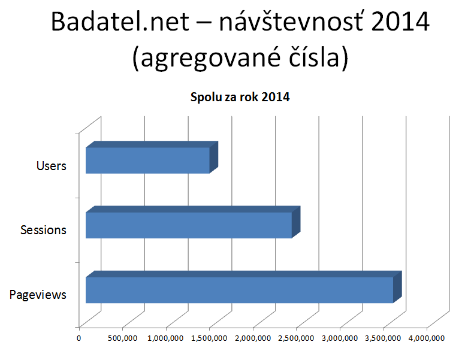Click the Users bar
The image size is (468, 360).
pos(152,158)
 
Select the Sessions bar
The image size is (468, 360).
pos(193,222)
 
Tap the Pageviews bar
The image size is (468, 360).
pos(243,288)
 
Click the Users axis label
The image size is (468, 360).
pos(52,166)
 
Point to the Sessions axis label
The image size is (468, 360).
pos(43,230)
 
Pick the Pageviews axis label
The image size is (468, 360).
pos(38,295)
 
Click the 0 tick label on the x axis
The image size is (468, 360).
pos(78,338)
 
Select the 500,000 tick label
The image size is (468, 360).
pos(122,338)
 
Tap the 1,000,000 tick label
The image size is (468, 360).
pos(165,338)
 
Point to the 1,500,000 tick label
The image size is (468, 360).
pos(209,338)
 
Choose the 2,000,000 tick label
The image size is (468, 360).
pos(253,338)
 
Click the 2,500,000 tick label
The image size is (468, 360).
pos(296,338)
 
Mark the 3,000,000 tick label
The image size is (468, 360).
pos(340,338)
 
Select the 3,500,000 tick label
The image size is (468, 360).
pos(383,338)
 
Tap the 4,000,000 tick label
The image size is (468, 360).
pos(427,338)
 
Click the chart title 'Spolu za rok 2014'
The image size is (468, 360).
pos(240,97)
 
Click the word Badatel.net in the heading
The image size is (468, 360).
pos(120,22)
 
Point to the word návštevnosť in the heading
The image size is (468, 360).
pos(291,22)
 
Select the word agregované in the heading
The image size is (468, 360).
pos(210,58)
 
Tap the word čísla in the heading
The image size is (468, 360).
pos(314,56)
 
